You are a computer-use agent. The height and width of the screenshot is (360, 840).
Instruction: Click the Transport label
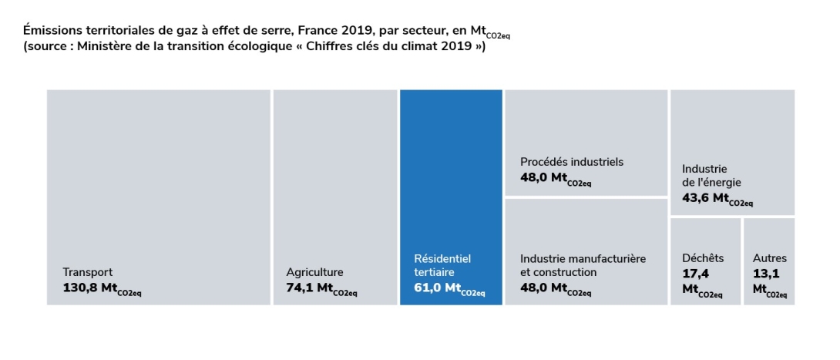(88, 272)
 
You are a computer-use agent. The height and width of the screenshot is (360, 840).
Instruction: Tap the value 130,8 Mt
(102, 288)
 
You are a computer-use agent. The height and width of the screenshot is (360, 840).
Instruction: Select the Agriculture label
(314, 272)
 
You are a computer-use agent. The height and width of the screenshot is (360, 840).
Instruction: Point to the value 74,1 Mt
(321, 288)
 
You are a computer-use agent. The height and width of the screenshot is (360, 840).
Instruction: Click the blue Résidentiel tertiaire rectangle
(451, 197)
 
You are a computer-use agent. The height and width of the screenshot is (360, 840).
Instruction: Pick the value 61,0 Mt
(449, 288)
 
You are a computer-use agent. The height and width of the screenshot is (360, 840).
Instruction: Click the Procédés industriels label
(572, 162)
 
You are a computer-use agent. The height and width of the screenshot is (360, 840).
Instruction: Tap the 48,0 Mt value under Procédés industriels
(556, 178)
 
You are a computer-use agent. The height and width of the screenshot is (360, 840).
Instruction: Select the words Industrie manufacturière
(583, 259)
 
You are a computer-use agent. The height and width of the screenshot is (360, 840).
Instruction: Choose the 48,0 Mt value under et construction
(556, 288)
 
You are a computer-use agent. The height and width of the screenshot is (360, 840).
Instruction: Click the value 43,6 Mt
(717, 199)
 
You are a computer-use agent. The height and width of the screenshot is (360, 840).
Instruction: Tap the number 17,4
(696, 274)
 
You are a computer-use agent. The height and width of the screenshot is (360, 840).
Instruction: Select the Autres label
(770, 258)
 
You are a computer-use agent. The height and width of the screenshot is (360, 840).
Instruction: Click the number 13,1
(766, 274)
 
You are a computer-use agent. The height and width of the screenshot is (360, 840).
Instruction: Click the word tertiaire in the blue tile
(434, 272)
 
